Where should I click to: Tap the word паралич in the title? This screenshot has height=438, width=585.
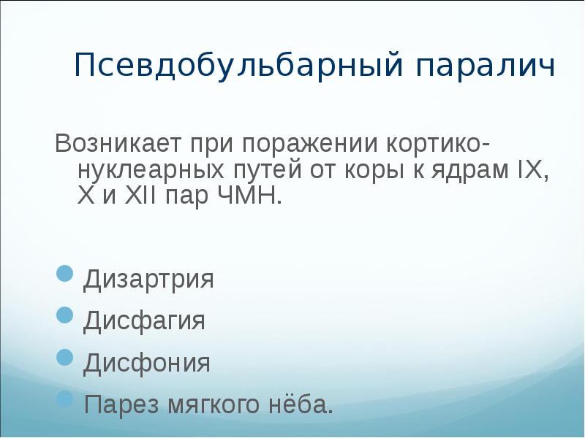coord(486,67)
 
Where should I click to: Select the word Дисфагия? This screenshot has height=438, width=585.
coord(144,321)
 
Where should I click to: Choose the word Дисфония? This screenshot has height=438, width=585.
coord(147,363)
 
